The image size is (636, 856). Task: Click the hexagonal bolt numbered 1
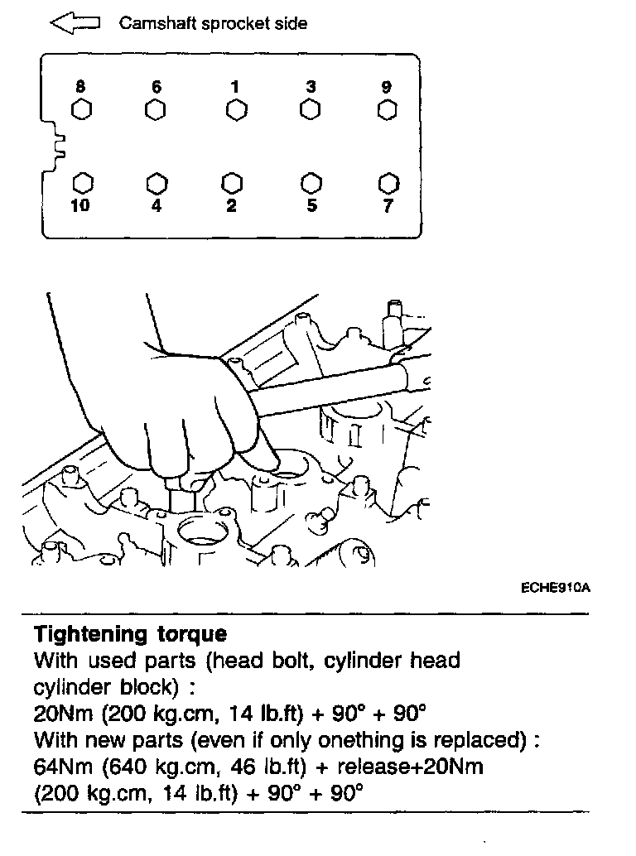[x=235, y=110]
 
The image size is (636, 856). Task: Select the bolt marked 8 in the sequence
[x=81, y=110]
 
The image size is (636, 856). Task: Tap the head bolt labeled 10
[x=81, y=182]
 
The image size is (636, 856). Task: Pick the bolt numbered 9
[x=387, y=110]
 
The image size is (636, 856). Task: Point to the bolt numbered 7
[x=387, y=182]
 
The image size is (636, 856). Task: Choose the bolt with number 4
[x=156, y=182]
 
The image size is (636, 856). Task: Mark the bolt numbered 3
[x=311, y=110]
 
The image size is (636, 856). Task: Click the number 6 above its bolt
[x=156, y=87]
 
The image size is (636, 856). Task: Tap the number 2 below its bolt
[x=232, y=206]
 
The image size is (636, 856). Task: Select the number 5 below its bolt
[x=311, y=206]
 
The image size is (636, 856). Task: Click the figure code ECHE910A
[x=555, y=588]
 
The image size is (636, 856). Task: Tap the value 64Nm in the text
[x=60, y=767]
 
